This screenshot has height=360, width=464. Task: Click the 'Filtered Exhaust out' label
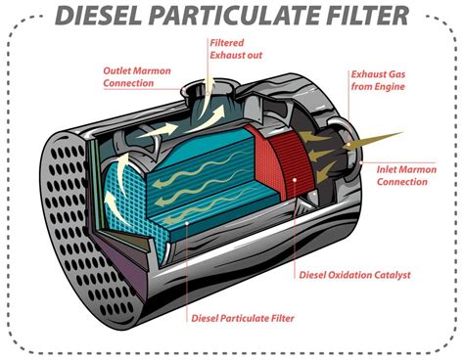click(x=235, y=48)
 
